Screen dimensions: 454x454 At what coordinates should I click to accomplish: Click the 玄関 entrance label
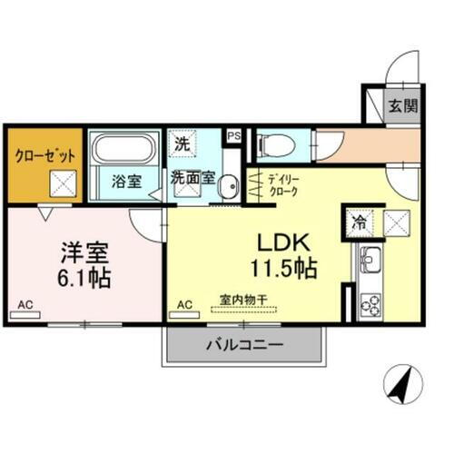[404, 105]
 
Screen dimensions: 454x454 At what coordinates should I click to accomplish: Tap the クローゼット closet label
[44, 153]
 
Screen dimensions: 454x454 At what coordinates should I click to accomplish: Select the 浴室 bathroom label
[125, 180]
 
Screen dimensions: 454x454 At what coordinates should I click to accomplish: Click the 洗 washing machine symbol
[182, 143]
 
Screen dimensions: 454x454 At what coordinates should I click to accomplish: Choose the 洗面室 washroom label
[193, 178]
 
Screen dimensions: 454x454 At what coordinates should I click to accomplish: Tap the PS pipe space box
[233, 136]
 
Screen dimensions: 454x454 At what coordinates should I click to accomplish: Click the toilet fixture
[271, 145]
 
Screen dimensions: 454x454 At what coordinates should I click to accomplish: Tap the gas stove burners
[370, 303]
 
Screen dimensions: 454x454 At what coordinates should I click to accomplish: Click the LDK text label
[289, 243]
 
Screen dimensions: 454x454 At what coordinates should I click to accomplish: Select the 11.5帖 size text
[290, 270]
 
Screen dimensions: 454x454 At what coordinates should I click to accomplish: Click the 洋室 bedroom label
[85, 249]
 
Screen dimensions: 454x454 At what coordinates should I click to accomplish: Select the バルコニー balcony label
[242, 344]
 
